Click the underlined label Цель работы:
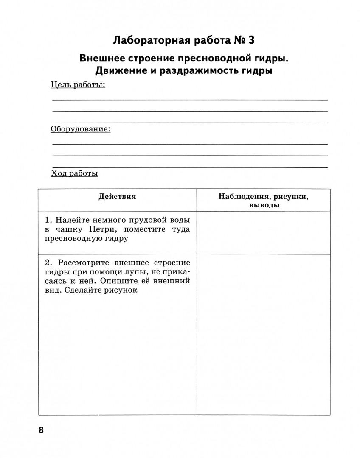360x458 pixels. point(78,85)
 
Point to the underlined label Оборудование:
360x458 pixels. point(81,129)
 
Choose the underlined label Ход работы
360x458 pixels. point(74,173)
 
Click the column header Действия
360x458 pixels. point(117,196)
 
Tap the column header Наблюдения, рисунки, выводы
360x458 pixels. point(263,201)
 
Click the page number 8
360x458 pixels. point(41,430)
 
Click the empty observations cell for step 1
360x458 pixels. point(263,233)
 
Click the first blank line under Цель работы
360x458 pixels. point(190,100)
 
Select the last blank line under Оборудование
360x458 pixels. point(190,167)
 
